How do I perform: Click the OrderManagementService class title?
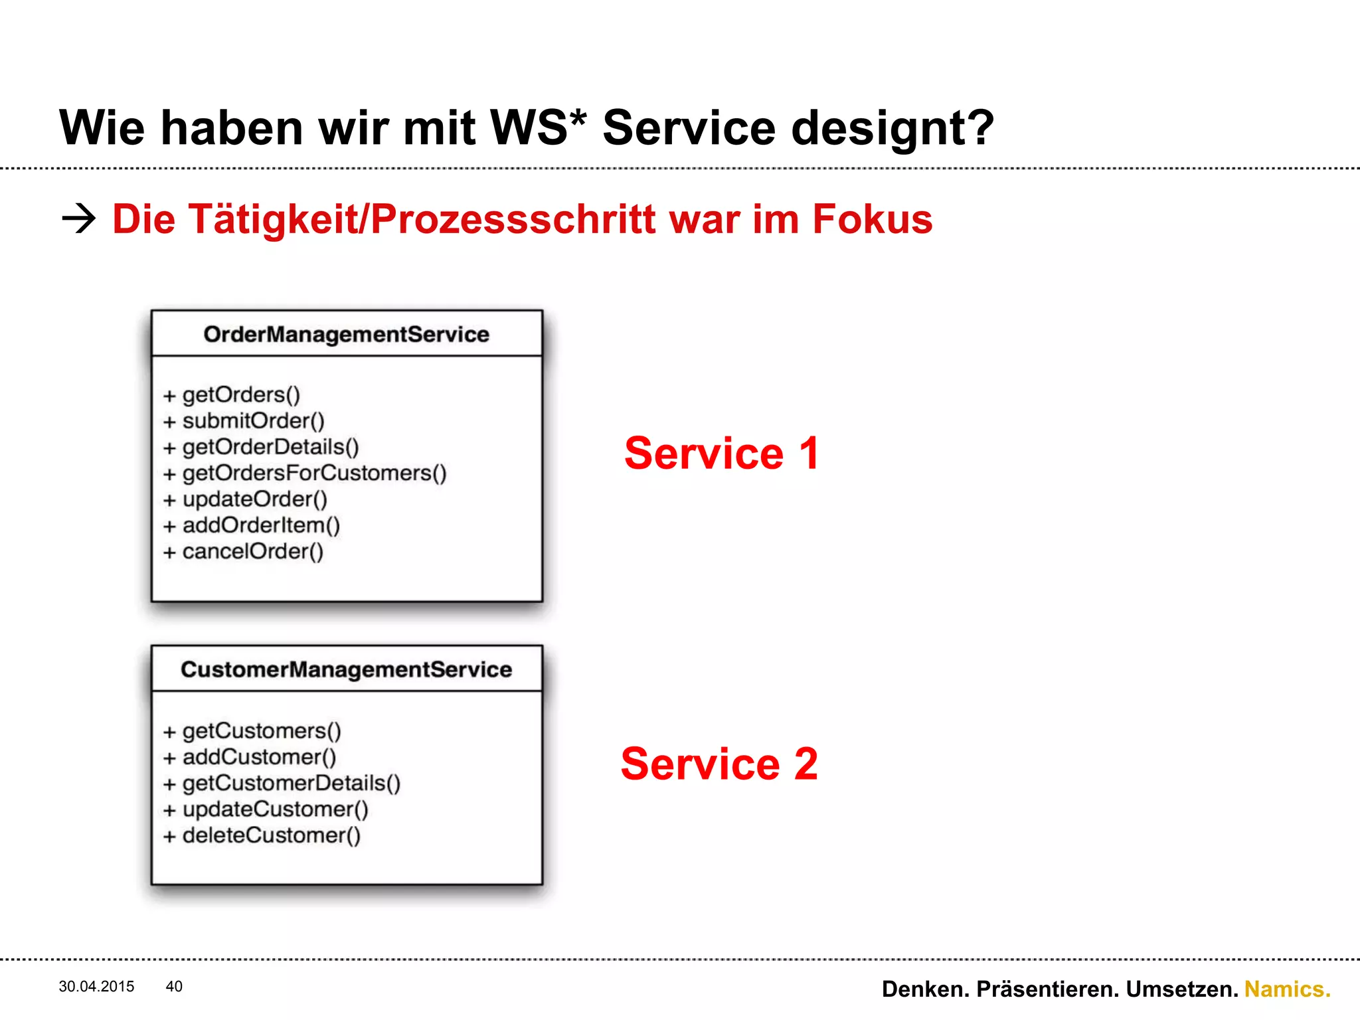point(346,334)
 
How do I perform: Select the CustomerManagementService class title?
point(346,669)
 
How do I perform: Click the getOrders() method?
point(240,395)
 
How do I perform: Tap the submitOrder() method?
point(252,421)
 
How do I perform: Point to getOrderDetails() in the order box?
point(270,447)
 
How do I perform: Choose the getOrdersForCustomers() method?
point(313,473)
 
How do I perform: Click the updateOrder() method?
point(254,499)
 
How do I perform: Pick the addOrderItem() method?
point(260,525)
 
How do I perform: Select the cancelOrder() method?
point(252,551)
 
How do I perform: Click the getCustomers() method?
point(261,731)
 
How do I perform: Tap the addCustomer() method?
point(259,757)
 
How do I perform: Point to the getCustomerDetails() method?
point(291,784)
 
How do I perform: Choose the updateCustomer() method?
point(275,809)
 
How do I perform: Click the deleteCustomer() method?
point(271,835)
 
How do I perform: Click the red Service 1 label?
point(722,454)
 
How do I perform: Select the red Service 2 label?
point(719,764)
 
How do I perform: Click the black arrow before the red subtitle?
point(78,218)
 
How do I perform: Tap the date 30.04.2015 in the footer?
point(96,987)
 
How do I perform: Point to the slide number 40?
point(174,987)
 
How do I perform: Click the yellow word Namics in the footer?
point(1287,989)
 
